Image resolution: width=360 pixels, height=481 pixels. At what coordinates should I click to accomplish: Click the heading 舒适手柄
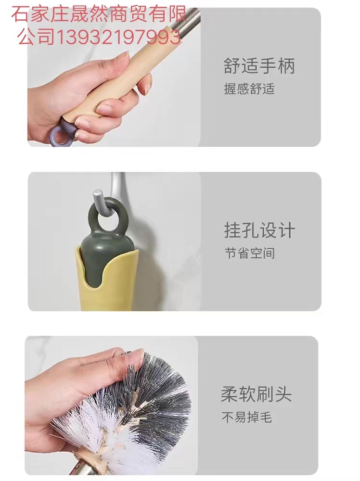tap(259, 65)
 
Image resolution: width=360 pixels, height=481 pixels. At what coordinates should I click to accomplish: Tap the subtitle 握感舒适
tap(249, 89)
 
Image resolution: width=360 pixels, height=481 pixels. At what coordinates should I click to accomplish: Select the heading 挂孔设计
tap(259, 230)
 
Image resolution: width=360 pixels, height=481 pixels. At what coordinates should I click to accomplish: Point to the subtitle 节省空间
tap(249, 253)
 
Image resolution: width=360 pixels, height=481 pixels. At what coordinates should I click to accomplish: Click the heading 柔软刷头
tap(256, 394)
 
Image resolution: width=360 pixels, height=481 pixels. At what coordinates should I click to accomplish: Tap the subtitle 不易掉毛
tap(246, 417)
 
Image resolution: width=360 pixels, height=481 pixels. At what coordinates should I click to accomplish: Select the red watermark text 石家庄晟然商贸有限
tap(99, 14)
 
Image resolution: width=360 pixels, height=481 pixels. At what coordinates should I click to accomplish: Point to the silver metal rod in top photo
tap(188, 23)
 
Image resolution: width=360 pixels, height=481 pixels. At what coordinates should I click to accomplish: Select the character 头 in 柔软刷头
tap(283, 394)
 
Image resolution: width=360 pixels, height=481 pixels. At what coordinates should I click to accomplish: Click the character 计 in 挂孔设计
tap(287, 230)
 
